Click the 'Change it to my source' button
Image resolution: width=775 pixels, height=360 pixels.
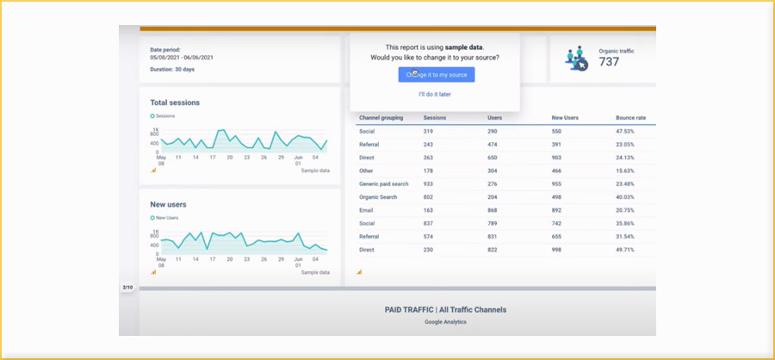436,75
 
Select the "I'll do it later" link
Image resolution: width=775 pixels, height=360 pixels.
435,94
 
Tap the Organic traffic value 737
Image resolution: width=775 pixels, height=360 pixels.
609,62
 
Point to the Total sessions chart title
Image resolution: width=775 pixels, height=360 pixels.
175,102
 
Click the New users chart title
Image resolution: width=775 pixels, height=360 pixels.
168,204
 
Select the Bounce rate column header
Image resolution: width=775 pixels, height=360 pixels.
630,116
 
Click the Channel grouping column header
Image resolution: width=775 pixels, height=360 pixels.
381,116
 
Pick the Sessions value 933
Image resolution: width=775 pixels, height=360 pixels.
428,183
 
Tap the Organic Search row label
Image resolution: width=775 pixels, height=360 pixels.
378,196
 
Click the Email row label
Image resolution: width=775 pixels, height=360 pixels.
366,210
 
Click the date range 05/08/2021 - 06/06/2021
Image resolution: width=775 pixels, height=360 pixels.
182,57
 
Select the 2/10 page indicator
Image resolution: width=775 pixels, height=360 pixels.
127,287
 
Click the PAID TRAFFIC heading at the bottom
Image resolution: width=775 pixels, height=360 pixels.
445,309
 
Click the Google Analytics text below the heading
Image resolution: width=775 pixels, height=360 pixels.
445,322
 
